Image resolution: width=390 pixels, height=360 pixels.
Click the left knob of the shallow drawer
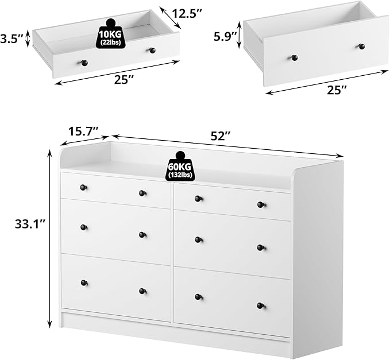point(84,63)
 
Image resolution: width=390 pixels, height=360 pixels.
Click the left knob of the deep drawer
point(294,57)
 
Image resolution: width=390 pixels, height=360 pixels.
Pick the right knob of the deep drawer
point(362,46)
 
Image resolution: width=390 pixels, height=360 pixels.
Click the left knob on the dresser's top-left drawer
point(83,187)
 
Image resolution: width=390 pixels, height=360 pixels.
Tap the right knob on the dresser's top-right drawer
point(261,204)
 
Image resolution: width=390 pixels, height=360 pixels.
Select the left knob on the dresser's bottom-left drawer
point(84,282)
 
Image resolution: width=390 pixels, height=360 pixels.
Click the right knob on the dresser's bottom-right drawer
point(261,305)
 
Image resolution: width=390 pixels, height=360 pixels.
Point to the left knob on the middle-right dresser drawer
point(198,239)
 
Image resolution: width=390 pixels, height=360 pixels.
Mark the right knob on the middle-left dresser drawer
point(142,234)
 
